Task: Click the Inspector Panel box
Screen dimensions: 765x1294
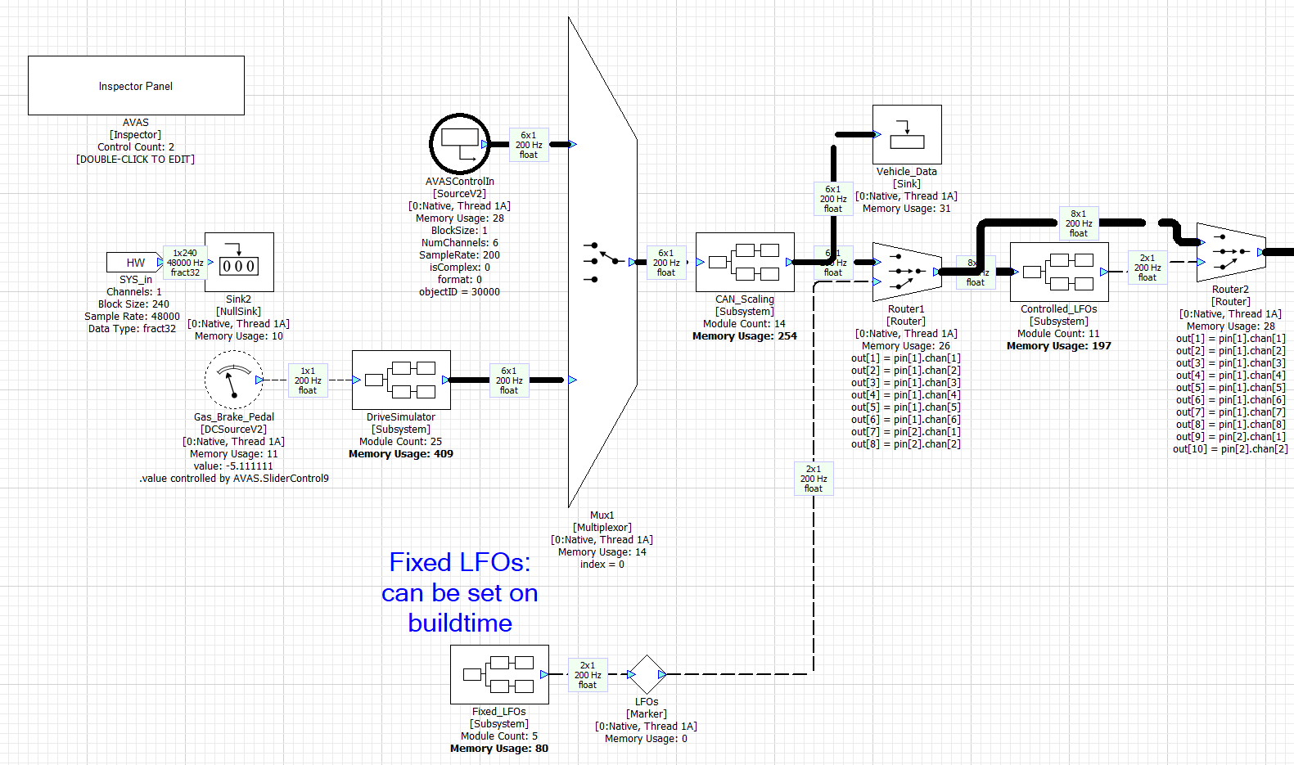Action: (x=136, y=85)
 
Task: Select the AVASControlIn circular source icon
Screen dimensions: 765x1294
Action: (x=459, y=144)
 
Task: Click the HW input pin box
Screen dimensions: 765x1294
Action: (x=134, y=262)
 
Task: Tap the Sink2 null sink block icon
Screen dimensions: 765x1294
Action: (x=239, y=262)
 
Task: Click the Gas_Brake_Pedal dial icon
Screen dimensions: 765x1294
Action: (x=233, y=380)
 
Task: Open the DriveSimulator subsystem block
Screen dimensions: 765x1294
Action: (x=401, y=380)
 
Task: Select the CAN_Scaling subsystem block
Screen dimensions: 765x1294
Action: (x=745, y=262)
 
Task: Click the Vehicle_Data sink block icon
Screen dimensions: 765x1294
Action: (x=907, y=134)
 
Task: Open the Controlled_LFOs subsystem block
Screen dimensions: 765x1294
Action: (x=1059, y=272)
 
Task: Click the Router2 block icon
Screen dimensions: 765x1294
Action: (x=1230, y=252)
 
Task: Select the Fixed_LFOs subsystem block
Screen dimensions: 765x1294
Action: (x=499, y=674)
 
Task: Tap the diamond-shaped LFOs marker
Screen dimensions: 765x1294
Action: (x=647, y=674)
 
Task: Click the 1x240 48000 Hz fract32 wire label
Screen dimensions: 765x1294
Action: (x=185, y=263)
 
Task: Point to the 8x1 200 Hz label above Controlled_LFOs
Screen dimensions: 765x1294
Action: (x=1079, y=223)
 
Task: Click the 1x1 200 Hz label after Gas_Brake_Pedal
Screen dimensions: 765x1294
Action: (x=308, y=380)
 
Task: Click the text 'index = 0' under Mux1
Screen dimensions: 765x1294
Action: (x=602, y=565)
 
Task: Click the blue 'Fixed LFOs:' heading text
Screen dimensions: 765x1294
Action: (x=459, y=562)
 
